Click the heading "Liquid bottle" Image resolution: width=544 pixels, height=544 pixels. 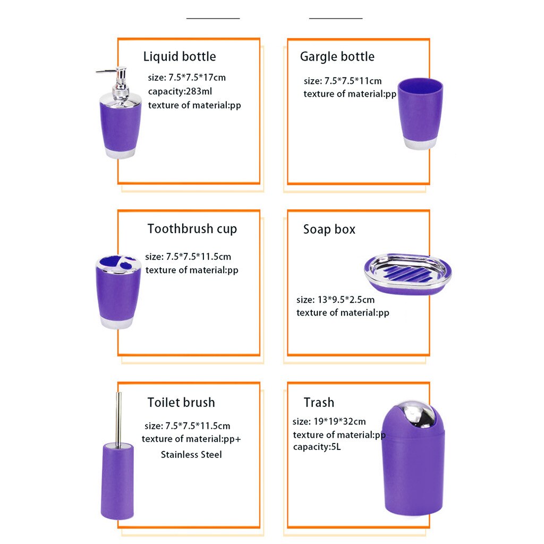pos(180,57)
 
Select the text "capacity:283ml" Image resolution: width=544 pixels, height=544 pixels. pos(180,91)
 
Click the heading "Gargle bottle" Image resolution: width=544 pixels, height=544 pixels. pos(337,57)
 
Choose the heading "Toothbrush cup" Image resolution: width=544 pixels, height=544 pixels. pos(192,229)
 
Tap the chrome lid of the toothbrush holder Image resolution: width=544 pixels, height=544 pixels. pos(118,263)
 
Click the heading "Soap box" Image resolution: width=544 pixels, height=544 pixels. pos(329,229)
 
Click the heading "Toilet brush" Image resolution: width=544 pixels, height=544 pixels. pos(181,402)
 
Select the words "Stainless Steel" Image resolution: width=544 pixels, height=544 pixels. pos(191,454)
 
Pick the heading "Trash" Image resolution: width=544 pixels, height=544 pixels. pos(319,402)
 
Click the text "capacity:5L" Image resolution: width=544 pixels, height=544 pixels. pos(317,447)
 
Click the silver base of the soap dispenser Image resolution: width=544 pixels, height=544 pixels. pos(120,153)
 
